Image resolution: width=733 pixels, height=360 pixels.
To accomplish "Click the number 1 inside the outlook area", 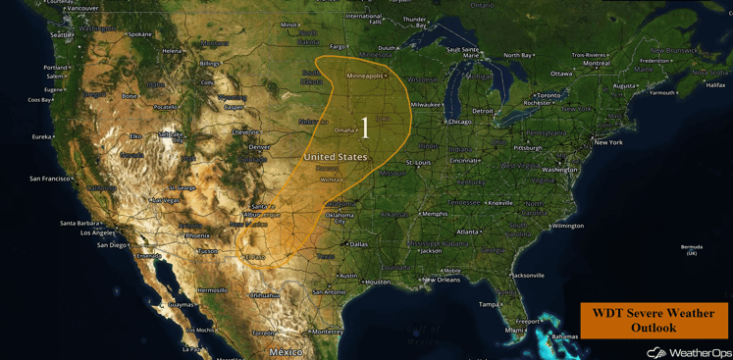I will tap(365, 127).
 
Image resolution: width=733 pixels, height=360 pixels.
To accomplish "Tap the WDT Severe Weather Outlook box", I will tap(654, 320).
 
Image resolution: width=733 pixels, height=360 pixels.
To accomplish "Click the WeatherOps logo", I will tap(689, 352).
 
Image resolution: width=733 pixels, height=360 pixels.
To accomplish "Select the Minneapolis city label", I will tap(365, 76).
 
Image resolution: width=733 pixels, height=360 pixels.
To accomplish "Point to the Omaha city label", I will tap(344, 129).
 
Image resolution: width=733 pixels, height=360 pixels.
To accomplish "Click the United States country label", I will tap(336, 157).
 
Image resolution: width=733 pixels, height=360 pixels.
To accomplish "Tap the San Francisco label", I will tap(50, 179).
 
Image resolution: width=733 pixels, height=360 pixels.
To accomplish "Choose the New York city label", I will tap(607, 142).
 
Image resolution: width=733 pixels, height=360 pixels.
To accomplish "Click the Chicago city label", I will tap(459, 122).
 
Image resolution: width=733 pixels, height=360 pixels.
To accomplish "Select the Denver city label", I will tap(259, 147).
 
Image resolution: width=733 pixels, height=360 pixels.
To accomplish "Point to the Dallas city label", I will tap(357, 244).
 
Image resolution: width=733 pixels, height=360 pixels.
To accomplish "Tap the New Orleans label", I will tap(442, 280).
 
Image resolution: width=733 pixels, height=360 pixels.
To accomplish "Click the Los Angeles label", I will tap(97, 232).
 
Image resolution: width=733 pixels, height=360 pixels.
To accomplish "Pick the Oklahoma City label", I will tap(340, 218).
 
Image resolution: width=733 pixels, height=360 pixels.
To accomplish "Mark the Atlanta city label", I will tap(468, 231).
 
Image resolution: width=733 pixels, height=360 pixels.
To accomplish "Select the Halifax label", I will tap(715, 85).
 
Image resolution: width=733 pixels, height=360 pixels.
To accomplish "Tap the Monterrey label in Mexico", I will tap(328, 332).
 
